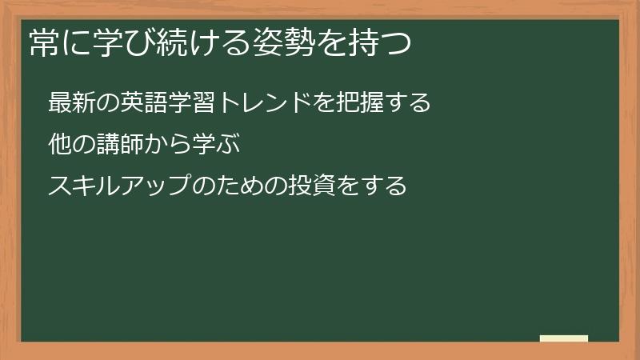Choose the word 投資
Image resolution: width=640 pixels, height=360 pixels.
302,186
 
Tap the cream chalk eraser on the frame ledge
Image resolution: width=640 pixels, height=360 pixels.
564,338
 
